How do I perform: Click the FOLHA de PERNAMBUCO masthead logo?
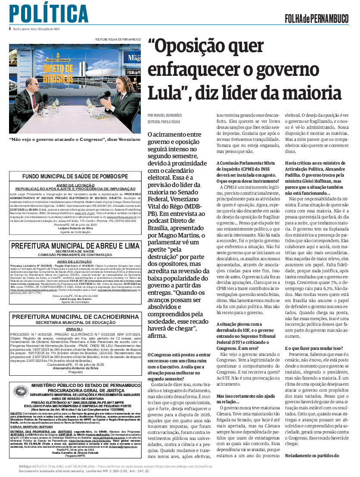317,19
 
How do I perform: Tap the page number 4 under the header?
9,29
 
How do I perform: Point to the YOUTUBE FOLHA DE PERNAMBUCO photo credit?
118,39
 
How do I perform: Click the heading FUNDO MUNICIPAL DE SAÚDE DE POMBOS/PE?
75,177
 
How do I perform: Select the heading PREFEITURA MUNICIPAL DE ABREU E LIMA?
75,246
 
